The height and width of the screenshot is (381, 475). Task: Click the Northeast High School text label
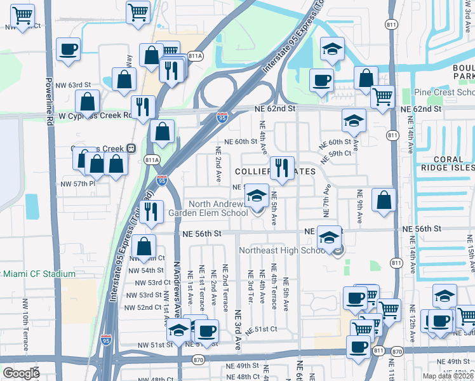[x=282, y=251]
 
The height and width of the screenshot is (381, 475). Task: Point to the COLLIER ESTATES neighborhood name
[x=275, y=172]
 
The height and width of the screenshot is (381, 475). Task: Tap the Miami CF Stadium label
[x=38, y=274]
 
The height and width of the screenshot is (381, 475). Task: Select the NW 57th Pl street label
[x=77, y=184]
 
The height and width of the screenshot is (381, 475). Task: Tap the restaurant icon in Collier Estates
[x=282, y=168]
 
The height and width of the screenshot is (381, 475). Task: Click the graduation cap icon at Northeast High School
[x=329, y=238]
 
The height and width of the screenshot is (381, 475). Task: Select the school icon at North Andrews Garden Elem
[x=257, y=196]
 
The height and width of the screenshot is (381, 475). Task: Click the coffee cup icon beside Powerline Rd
[x=67, y=49]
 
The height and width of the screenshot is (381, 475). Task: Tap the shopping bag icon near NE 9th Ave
[x=384, y=199]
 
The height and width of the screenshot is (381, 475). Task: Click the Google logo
[x=21, y=373]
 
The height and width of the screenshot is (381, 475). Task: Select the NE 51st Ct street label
[x=265, y=329]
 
